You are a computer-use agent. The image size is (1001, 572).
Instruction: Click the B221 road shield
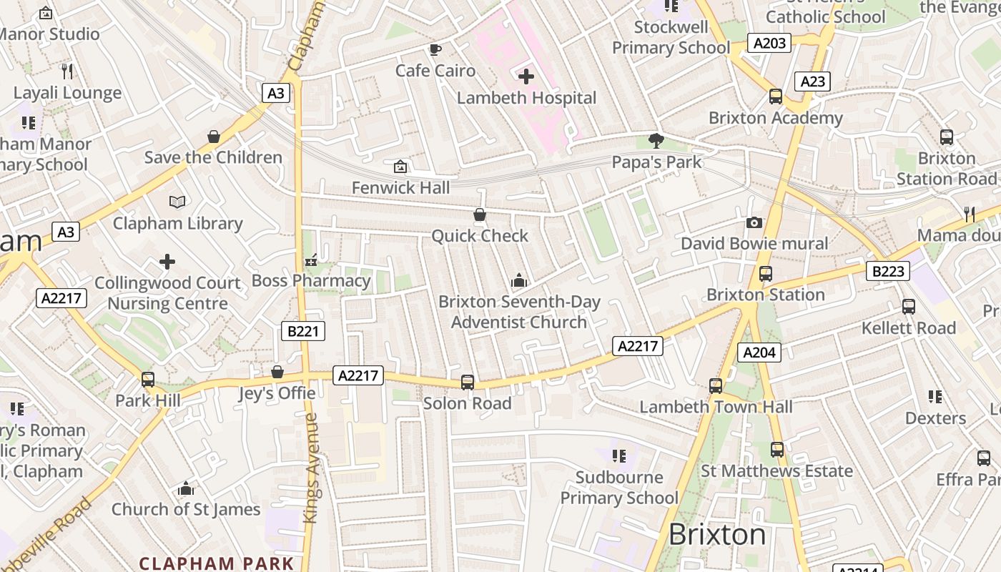(303, 331)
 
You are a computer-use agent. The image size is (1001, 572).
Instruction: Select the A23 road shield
(813, 82)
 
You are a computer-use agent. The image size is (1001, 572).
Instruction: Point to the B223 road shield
(888, 271)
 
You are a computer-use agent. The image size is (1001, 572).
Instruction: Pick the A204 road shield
(759, 352)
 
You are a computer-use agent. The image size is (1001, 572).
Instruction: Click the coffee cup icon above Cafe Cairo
(435, 49)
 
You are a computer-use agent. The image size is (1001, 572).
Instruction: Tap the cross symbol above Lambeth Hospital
(526, 76)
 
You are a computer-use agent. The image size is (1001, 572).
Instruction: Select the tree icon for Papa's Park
(656, 140)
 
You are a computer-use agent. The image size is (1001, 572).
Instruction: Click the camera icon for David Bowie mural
(754, 222)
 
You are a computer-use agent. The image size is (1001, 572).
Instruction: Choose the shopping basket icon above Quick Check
(480, 214)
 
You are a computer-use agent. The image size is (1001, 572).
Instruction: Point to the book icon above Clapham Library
(177, 202)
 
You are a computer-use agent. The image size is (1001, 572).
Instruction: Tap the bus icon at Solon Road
(468, 382)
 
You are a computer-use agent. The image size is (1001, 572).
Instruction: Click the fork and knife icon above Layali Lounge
(67, 71)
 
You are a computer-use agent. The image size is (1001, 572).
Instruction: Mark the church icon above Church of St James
(186, 488)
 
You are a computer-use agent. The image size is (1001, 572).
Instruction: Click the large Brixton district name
(717, 535)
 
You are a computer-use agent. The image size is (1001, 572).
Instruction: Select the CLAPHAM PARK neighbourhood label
(217, 563)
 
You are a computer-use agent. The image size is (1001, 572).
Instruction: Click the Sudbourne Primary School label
(619, 488)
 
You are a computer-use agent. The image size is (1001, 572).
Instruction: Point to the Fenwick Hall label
(401, 187)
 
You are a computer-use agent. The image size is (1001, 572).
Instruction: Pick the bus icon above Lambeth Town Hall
(716, 385)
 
